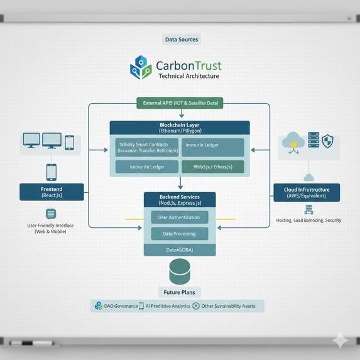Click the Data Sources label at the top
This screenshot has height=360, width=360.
(181, 40)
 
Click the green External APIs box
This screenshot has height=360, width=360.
(180, 102)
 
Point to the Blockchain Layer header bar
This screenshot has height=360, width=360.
(180, 128)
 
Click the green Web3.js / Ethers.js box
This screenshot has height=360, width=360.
(212, 167)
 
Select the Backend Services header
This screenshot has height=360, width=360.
(180, 200)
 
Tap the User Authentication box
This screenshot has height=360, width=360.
(180, 217)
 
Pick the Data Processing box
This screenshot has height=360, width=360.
(180, 234)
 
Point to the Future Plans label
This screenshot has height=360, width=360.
(180, 292)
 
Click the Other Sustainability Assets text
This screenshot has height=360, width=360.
(228, 306)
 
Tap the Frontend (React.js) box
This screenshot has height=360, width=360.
(52, 192)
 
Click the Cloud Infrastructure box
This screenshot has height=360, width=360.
(307, 192)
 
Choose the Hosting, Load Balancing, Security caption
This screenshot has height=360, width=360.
(308, 221)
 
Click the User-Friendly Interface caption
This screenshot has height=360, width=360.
(50, 228)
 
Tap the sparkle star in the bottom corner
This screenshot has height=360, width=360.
(340, 340)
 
